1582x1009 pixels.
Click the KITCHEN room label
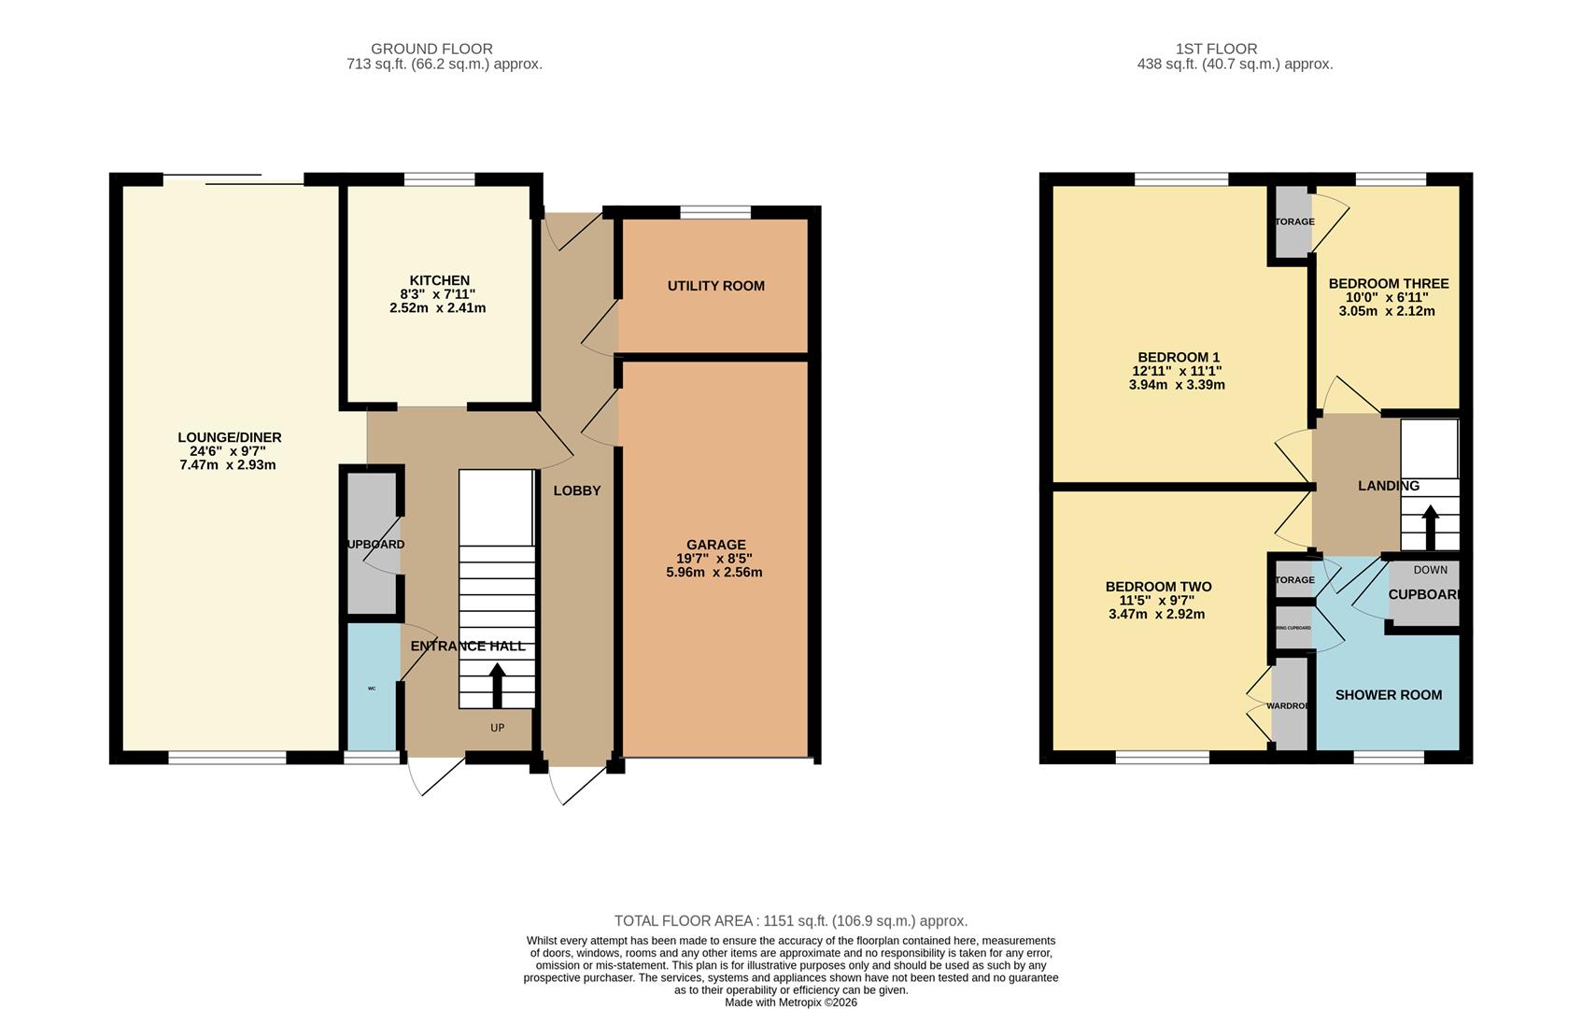coord(439,280)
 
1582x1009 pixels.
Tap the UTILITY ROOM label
coord(715,286)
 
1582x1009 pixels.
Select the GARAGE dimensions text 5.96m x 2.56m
coord(713,572)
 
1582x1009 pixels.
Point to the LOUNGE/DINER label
coord(230,437)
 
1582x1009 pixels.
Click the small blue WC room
coord(372,688)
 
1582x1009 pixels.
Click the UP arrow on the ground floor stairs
coord(497,685)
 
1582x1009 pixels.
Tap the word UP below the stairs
coord(497,728)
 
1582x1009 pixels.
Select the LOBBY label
coord(576,490)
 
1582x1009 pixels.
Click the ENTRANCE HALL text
coord(468,646)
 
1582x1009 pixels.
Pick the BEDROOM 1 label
coord(1179,357)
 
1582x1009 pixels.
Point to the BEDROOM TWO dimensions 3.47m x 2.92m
coord(1156,614)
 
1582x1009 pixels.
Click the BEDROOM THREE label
coord(1388,283)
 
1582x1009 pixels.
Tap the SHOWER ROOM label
coord(1388,694)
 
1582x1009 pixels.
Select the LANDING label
coord(1388,486)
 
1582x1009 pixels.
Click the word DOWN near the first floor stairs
coord(1430,570)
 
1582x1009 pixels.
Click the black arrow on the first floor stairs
coord(1430,528)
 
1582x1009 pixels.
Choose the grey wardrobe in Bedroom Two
coord(1290,705)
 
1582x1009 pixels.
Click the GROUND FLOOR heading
coord(431,49)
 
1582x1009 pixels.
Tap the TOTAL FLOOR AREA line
coord(790,920)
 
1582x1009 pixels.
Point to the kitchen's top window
coord(439,179)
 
